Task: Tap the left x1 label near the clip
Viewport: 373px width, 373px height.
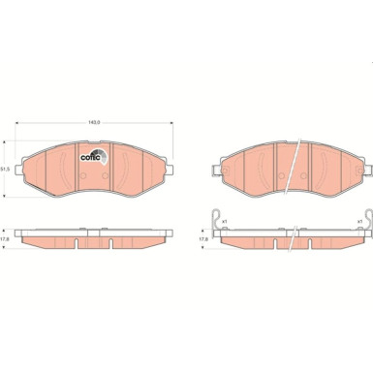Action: (x=226, y=221)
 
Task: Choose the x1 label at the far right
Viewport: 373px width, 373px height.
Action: (x=357, y=221)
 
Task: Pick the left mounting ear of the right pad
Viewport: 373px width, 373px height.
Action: (x=220, y=159)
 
